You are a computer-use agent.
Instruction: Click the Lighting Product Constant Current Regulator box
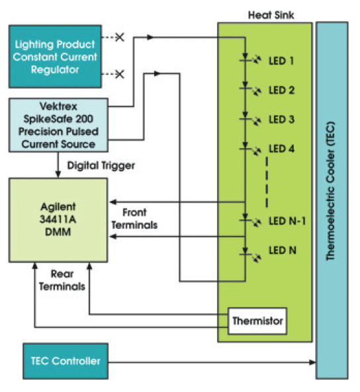[56, 56]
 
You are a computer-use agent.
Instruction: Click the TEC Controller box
[65, 361]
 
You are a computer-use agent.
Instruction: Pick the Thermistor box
[257, 321]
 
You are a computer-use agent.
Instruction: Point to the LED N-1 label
[287, 221]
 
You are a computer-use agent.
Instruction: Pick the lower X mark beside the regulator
[119, 75]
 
